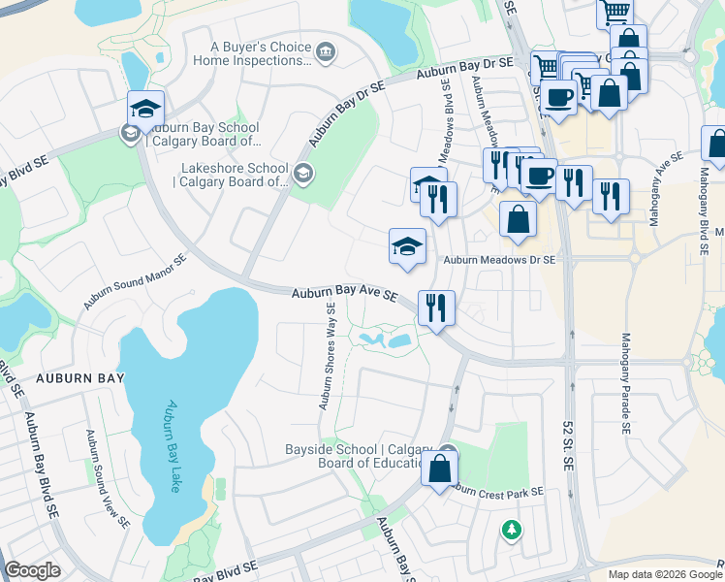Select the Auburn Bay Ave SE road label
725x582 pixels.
point(345,292)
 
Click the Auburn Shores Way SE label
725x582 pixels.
point(329,356)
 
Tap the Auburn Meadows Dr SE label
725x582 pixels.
point(499,260)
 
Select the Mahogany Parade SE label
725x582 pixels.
point(626,383)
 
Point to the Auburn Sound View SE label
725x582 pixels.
point(109,479)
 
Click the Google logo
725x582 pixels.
point(32,570)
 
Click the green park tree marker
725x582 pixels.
point(511,530)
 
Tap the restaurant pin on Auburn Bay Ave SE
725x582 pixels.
point(436,308)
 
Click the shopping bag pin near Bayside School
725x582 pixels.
point(439,469)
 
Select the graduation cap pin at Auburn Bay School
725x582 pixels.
point(145,108)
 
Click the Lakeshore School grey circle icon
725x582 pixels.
point(302,174)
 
